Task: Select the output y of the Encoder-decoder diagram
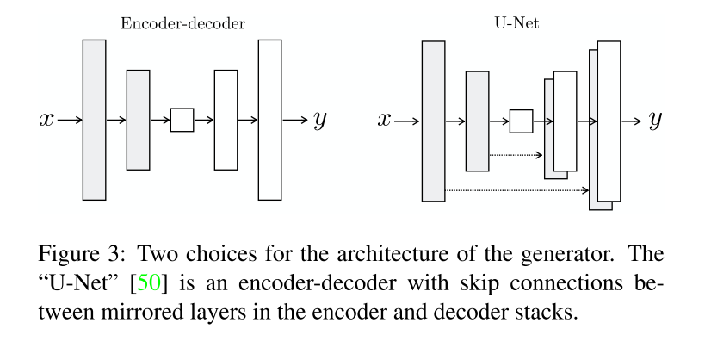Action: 319,120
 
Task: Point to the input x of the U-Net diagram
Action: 385,120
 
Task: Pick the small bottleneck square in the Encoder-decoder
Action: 182,120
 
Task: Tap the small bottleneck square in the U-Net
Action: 521,121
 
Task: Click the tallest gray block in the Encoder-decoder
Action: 94,120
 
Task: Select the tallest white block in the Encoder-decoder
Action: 269,120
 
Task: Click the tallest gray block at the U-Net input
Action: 433,121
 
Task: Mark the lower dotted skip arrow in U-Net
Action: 516,189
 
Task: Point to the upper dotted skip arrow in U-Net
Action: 516,155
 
